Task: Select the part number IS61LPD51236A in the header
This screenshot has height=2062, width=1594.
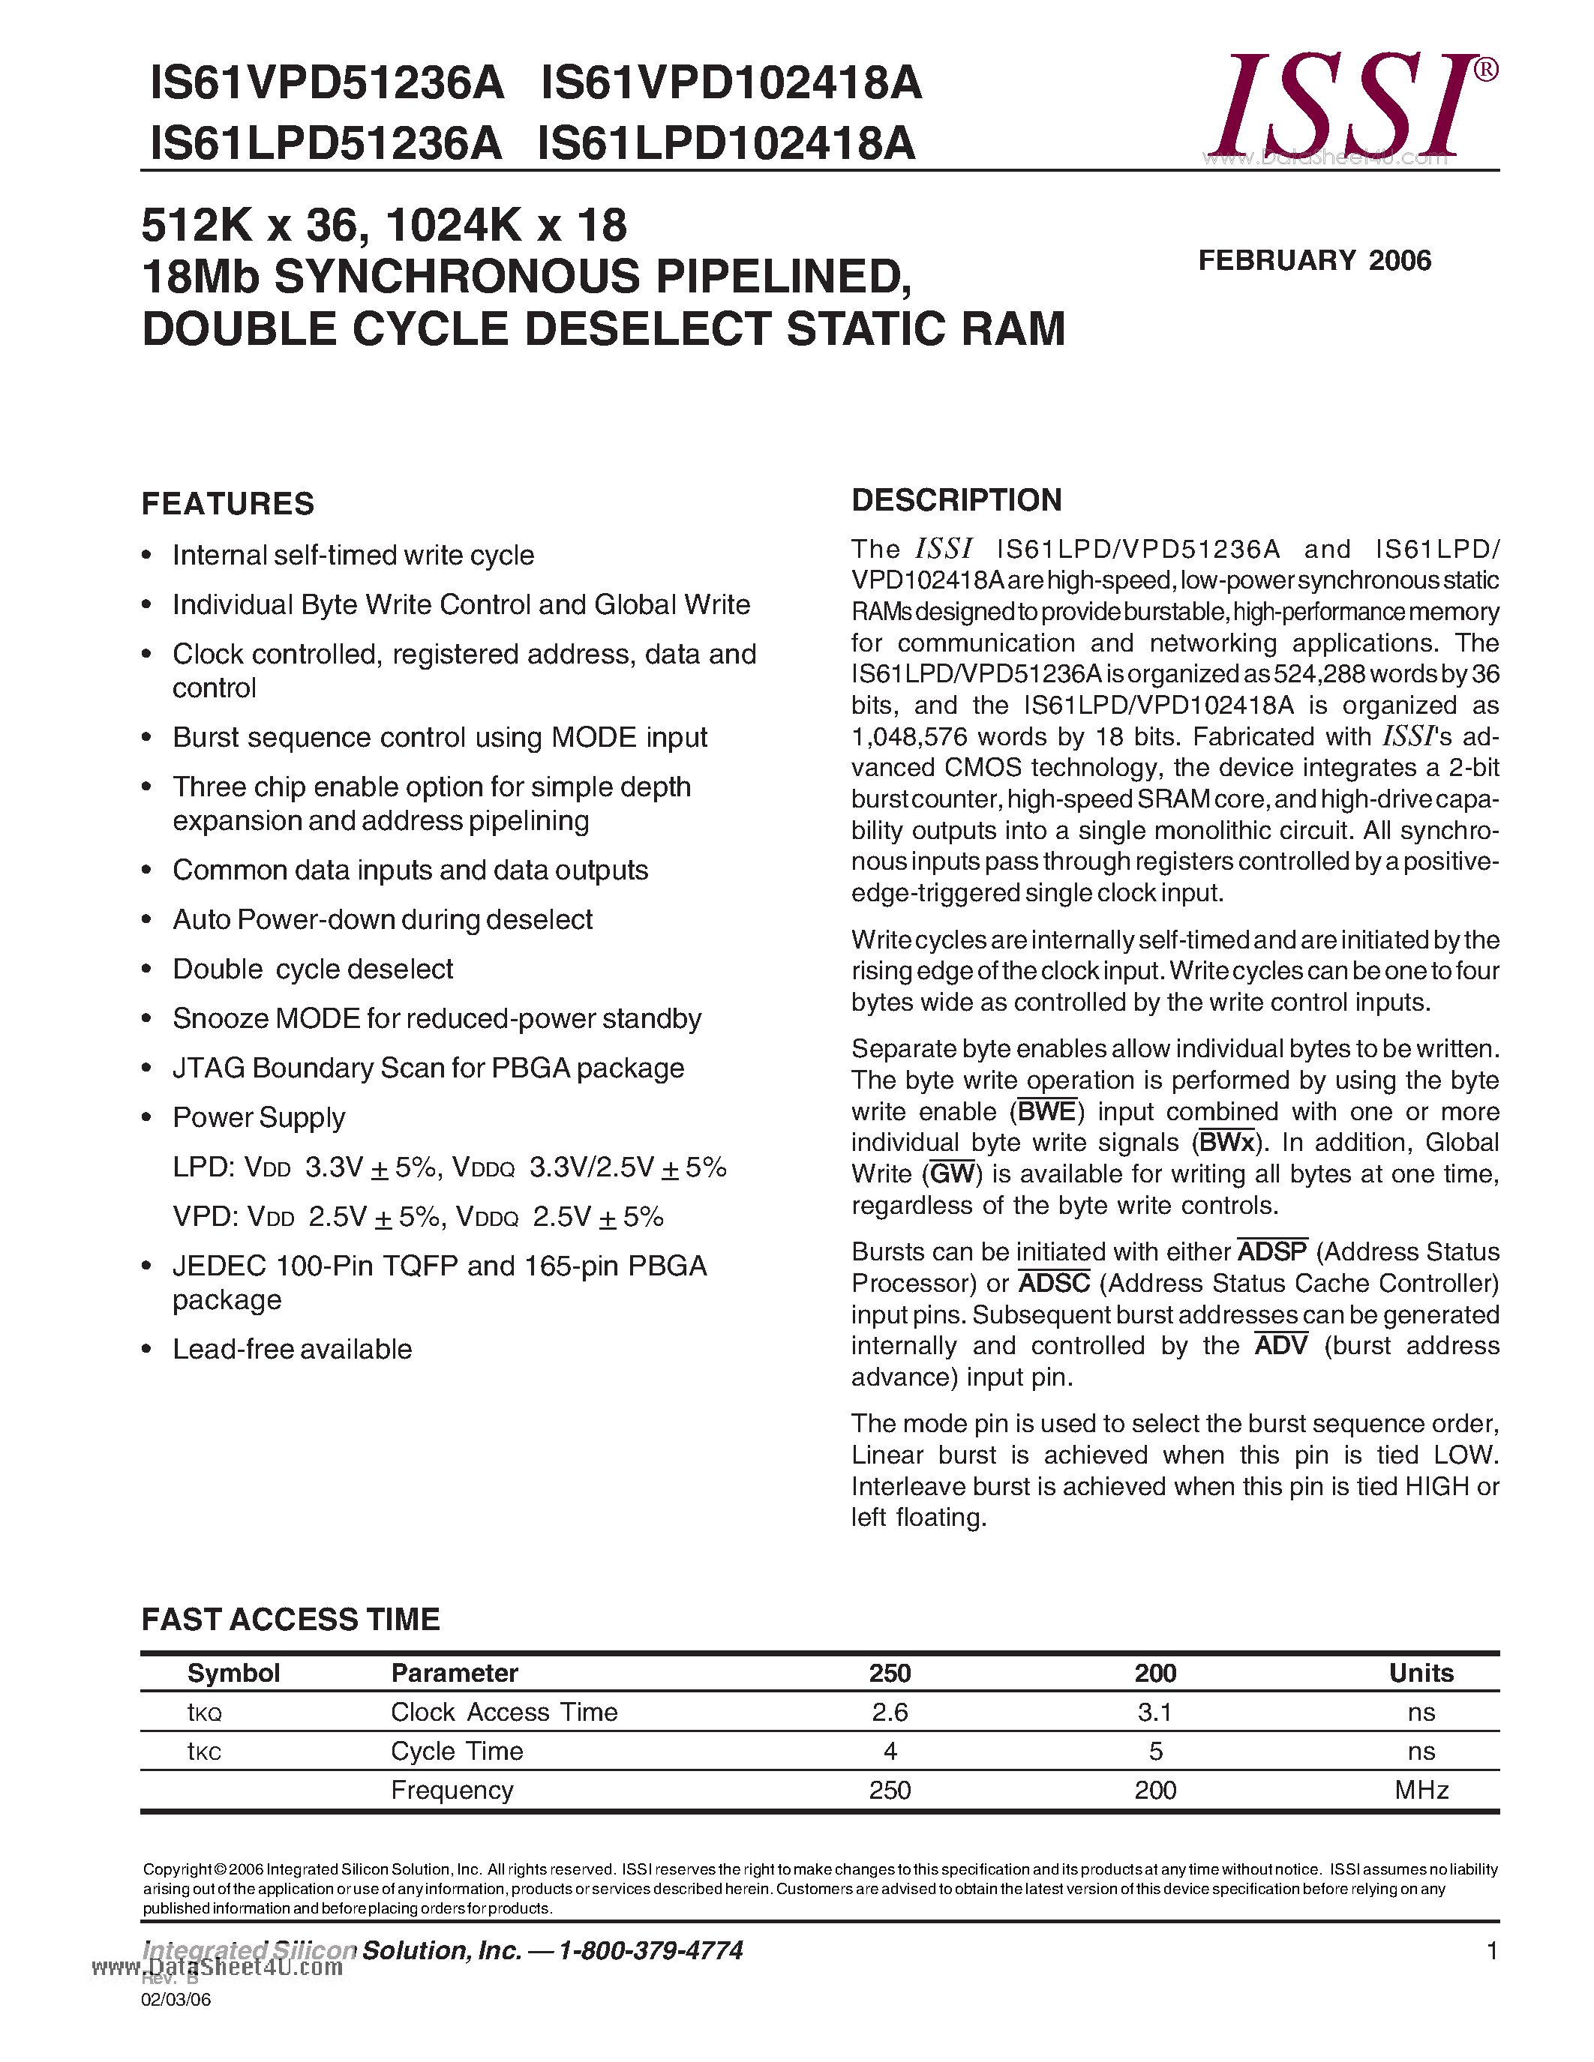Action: pos(326,143)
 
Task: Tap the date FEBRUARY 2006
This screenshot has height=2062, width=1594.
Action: pos(1314,261)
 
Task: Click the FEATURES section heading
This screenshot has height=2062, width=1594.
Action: pos(227,504)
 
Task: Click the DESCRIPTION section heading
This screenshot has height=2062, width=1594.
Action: pos(956,500)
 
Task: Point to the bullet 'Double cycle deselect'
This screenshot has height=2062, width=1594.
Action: pos(313,970)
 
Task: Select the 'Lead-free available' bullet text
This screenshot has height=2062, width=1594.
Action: pos(292,1349)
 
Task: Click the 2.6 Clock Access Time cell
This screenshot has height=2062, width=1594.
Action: pos(890,1712)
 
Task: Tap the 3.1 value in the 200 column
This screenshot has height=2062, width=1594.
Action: pos(1155,1712)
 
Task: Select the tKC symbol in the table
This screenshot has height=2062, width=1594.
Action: pos(204,1752)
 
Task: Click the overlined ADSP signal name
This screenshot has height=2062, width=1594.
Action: pos(1272,1252)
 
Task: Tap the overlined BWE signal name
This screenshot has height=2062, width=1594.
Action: pos(1047,1112)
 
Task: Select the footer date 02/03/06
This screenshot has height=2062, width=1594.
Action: pos(176,2000)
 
